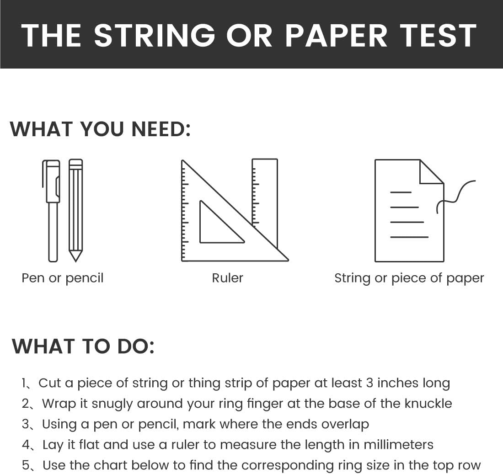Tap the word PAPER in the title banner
coord(336,36)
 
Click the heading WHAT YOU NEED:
coord(101,129)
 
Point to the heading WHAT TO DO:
coord(83,346)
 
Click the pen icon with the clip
coord(51,211)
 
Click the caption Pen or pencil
coord(63,278)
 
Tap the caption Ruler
coord(227,278)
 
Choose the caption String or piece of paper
coord(409,278)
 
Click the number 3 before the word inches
coord(369,383)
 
